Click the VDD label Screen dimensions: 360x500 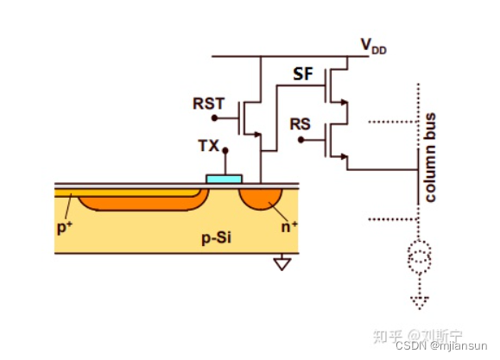click(x=374, y=46)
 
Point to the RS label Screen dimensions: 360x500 click(x=301, y=124)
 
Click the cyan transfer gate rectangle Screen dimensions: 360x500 click(x=225, y=179)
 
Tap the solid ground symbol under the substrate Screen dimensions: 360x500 click(x=282, y=263)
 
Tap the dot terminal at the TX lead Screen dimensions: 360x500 click(x=225, y=150)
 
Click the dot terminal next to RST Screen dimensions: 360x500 click(x=215, y=118)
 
